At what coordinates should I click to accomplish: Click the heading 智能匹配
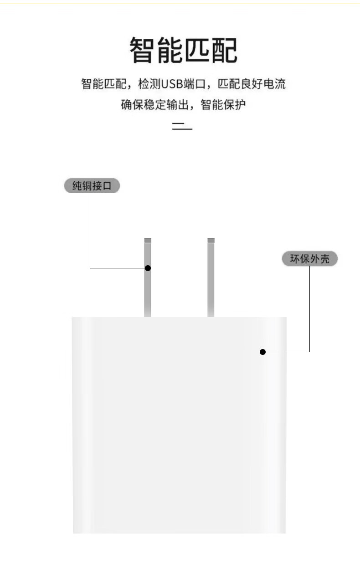pyautogui.click(x=183, y=51)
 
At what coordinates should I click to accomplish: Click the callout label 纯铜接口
pyautogui.click(x=92, y=186)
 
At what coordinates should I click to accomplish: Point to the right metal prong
pyautogui.click(x=211, y=278)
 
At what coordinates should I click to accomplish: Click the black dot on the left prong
pyautogui.click(x=148, y=268)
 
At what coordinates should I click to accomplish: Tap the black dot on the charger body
pyautogui.click(x=262, y=352)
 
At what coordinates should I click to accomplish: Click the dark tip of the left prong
pyautogui.click(x=148, y=240)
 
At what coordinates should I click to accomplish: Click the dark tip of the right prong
pyautogui.click(x=211, y=240)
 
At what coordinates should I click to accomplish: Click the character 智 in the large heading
pyautogui.click(x=143, y=51)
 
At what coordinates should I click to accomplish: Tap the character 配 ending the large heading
pyautogui.click(x=224, y=51)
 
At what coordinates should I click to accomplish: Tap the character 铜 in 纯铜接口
pyautogui.click(x=85, y=186)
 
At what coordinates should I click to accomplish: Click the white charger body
pyautogui.click(x=179, y=424)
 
